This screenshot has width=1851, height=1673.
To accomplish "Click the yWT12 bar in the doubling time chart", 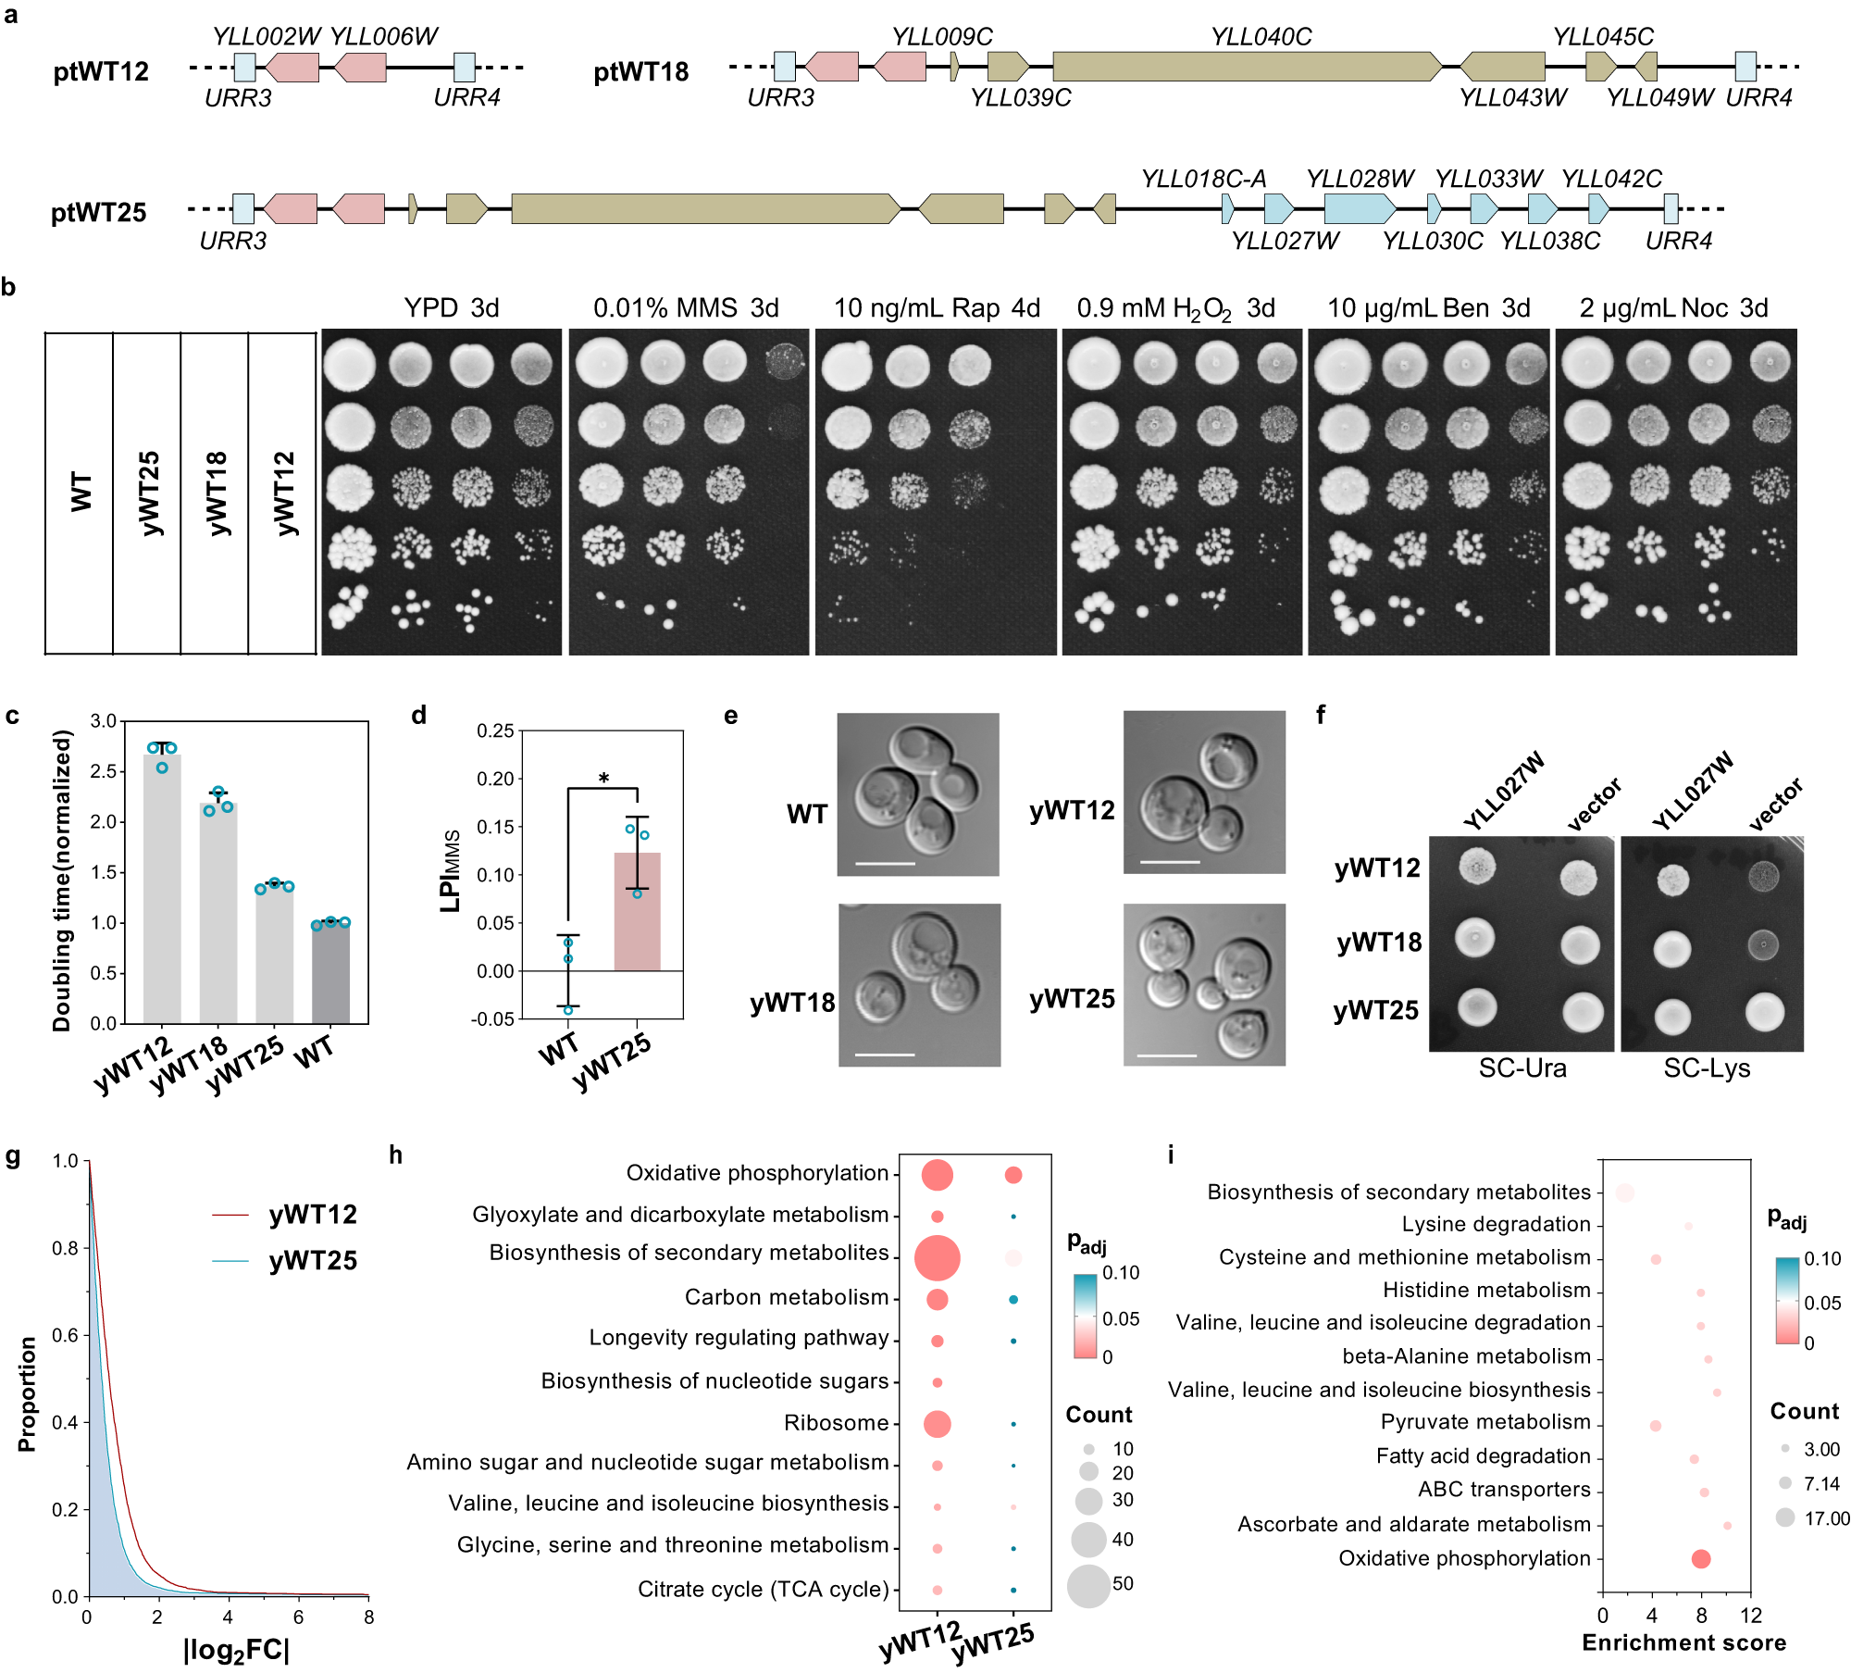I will (x=162, y=889).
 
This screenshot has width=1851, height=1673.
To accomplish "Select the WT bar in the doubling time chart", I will (x=330, y=972).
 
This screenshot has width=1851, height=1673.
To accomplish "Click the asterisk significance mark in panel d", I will (x=603, y=779).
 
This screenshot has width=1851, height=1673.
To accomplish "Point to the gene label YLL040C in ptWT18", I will (x=1261, y=37).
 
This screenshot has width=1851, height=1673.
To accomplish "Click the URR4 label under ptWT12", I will (x=466, y=97).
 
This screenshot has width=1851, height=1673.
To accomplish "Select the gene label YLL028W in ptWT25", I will (x=1360, y=179).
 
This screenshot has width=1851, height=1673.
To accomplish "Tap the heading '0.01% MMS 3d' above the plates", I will (x=686, y=307).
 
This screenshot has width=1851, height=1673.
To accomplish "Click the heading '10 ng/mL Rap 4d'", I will (x=937, y=307).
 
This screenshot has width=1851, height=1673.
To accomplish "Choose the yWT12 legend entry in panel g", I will (x=312, y=1214).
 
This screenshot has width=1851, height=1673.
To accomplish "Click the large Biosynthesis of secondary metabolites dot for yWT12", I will (x=937, y=1257).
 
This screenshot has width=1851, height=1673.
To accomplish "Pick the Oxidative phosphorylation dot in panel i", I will (x=1700, y=1558).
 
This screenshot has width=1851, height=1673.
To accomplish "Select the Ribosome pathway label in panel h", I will (x=836, y=1422).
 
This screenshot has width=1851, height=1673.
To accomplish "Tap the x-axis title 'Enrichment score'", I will (x=1683, y=1642).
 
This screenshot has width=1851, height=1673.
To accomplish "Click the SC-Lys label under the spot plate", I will (x=1707, y=1068).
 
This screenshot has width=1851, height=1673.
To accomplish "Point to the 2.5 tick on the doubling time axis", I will (x=104, y=771).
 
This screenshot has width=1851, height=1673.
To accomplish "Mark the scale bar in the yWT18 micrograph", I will (x=886, y=1054).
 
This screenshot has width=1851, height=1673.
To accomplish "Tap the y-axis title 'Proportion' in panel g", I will (x=27, y=1392).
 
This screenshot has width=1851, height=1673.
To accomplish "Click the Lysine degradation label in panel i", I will (x=1496, y=1224).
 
